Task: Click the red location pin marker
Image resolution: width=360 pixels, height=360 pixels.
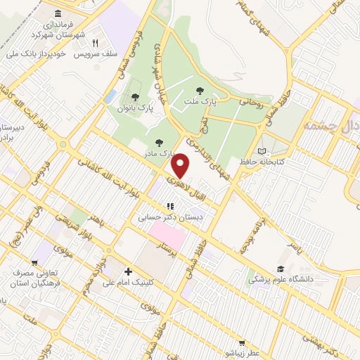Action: pyautogui.click(x=181, y=166)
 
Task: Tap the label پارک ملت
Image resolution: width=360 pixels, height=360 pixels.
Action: pyautogui.click(x=200, y=102)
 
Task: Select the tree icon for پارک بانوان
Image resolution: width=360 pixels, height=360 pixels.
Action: pyautogui.click(x=135, y=97)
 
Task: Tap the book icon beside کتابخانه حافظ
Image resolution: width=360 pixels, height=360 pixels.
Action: pyautogui.click(x=262, y=151)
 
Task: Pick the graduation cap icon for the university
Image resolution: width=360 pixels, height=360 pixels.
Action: pyautogui.click(x=281, y=269)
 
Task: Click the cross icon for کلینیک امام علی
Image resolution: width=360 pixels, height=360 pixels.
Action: pyautogui.click(x=127, y=271)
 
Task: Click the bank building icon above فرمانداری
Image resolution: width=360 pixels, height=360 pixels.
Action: pyautogui.click(x=56, y=14)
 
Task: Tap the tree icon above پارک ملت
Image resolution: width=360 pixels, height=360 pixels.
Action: pyautogui.click(x=200, y=90)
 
